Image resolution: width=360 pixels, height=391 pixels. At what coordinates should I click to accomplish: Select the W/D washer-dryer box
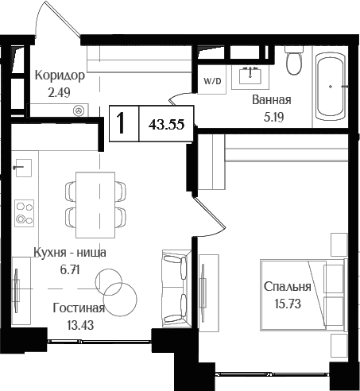click(211, 81)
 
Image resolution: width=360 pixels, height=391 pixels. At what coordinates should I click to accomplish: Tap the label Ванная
click(271, 100)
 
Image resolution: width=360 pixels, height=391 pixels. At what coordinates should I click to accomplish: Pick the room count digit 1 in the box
click(122, 125)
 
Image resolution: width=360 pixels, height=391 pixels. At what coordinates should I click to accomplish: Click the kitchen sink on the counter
click(23, 168)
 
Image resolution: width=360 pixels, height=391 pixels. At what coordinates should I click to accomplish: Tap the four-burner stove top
click(25, 211)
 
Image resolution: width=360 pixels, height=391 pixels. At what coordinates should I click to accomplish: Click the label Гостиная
click(79, 308)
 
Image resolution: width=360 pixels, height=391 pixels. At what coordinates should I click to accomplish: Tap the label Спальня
click(288, 288)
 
